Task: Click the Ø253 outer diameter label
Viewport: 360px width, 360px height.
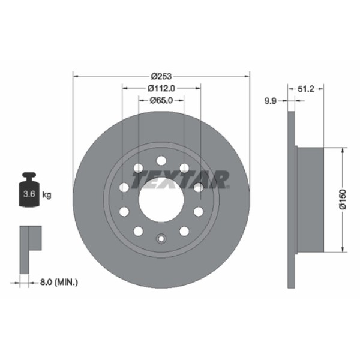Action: coord(161,76)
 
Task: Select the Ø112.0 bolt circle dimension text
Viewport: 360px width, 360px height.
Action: coord(161,88)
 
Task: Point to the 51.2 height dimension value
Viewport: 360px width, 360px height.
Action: coord(307,88)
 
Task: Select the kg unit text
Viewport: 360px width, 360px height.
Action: coord(47,194)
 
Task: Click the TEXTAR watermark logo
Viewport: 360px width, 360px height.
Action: coord(180,179)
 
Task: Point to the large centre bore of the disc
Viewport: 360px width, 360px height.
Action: coord(161,200)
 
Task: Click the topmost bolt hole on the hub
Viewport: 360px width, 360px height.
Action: coord(161,160)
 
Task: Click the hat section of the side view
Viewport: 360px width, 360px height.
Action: coord(310,199)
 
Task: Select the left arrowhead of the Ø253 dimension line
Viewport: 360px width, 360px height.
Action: coord(75,76)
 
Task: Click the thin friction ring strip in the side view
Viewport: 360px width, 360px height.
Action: coord(292,199)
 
